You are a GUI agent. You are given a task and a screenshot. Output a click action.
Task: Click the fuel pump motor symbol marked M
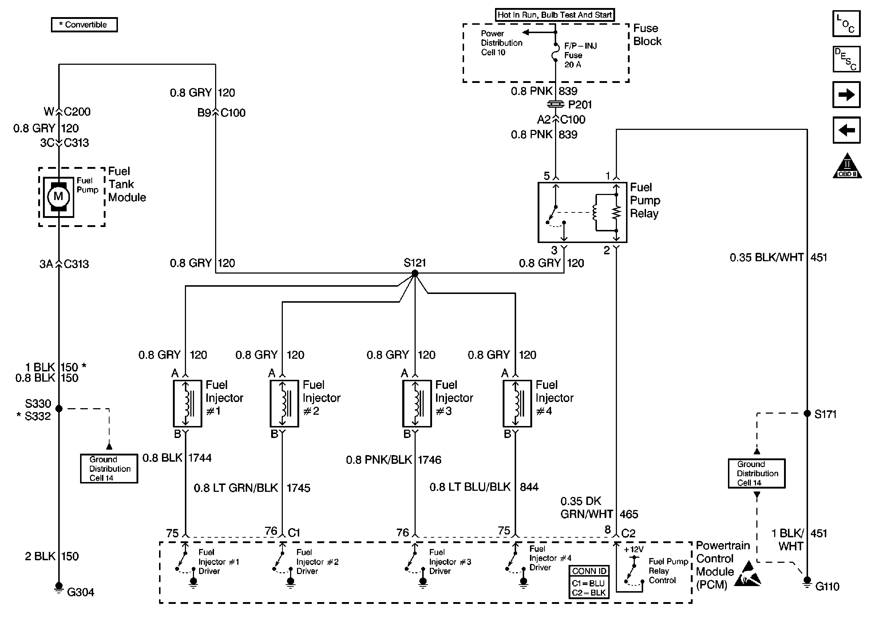[59, 197]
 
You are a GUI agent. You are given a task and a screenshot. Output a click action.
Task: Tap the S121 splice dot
[415, 273]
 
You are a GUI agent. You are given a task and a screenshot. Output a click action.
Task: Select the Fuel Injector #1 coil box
[187, 403]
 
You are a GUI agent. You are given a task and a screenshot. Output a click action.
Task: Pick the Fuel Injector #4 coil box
[517, 403]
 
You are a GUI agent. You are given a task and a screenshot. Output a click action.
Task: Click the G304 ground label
[80, 592]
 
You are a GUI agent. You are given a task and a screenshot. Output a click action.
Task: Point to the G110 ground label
[827, 586]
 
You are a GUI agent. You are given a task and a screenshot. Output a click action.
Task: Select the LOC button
[846, 24]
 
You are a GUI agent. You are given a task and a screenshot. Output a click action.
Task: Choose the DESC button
[846, 59]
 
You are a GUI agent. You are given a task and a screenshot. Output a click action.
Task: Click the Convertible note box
[84, 25]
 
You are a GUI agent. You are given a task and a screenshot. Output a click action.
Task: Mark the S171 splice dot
[807, 413]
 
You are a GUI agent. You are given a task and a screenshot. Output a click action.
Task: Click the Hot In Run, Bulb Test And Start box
[554, 15]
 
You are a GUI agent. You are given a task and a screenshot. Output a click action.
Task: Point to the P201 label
[580, 105]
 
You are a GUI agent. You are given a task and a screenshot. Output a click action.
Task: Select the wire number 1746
[429, 459]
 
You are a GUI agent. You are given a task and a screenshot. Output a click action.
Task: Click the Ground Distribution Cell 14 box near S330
[109, 468]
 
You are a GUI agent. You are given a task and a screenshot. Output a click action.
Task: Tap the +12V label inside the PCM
[634, 549]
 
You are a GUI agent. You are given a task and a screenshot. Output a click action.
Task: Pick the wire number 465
[629, 514]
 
